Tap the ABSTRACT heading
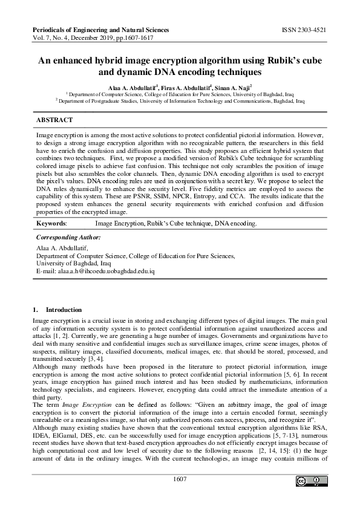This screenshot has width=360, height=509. point(54,121)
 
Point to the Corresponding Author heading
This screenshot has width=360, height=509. point(68,238)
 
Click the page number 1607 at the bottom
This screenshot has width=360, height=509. point(180,479)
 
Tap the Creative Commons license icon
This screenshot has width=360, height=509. point(309,481)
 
